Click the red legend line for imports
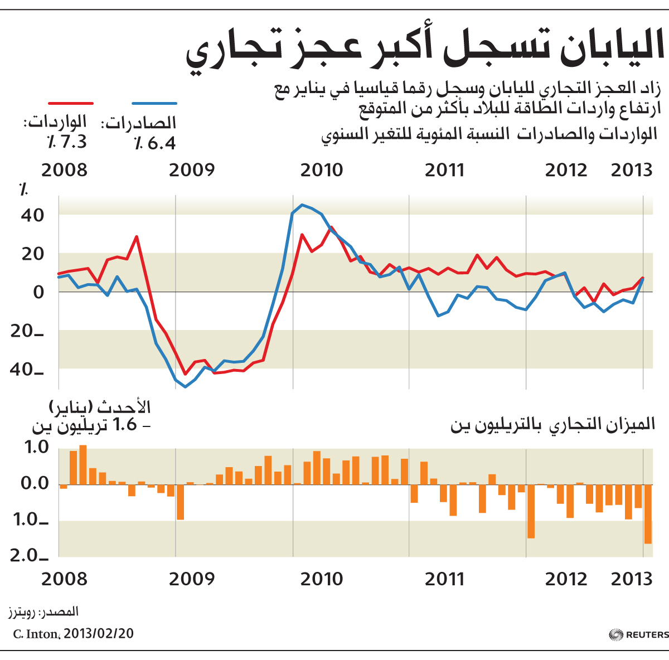click(71, 103)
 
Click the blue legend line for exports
click(154, 103)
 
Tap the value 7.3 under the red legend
click(73, 142)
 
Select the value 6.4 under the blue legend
click(162, 143)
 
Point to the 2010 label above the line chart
click(322, 171)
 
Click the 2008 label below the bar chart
click(64, 579)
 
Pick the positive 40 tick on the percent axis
click(33, 216)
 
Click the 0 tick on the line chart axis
click(38, 292)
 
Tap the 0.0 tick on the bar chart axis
click(35, 483)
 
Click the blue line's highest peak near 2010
click(302, 205)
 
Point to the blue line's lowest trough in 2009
click(186, 387)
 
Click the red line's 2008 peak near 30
click(137, 237)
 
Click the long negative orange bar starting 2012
click(531, 511)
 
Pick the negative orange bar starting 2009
click(180, 502)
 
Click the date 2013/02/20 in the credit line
click(99, 634)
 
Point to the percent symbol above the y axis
click(23, 190)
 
